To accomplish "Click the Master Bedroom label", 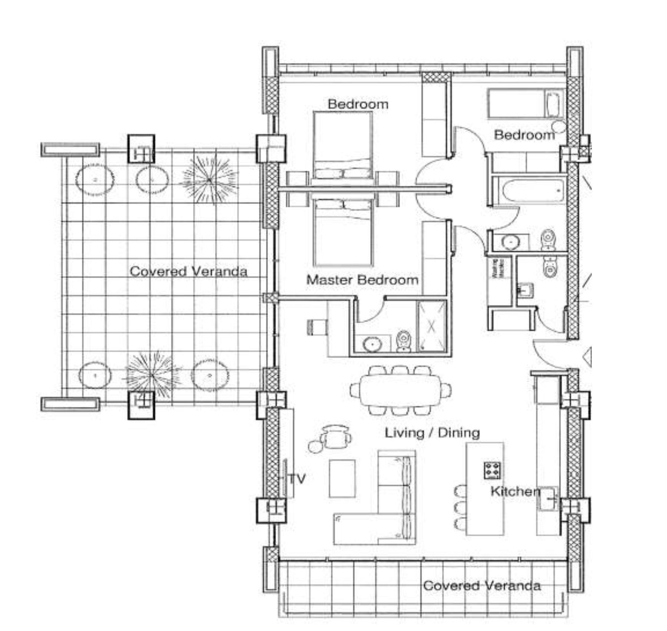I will pos(362,280).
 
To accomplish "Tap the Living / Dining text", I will pos(432,433).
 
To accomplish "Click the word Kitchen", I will pos(515,491).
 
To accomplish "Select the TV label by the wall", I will pos(297,479).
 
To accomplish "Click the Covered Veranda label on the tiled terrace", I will pos(188,271).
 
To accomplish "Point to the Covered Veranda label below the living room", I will pos(481,585).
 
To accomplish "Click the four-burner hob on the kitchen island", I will pos(492,470).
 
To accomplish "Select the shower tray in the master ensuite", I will pos(432,326).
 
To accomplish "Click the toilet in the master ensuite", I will pos(404,341).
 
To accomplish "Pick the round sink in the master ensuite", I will pos(372,344).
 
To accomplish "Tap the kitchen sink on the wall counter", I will pos(548,499).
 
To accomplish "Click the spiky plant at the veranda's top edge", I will pos(209,180).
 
